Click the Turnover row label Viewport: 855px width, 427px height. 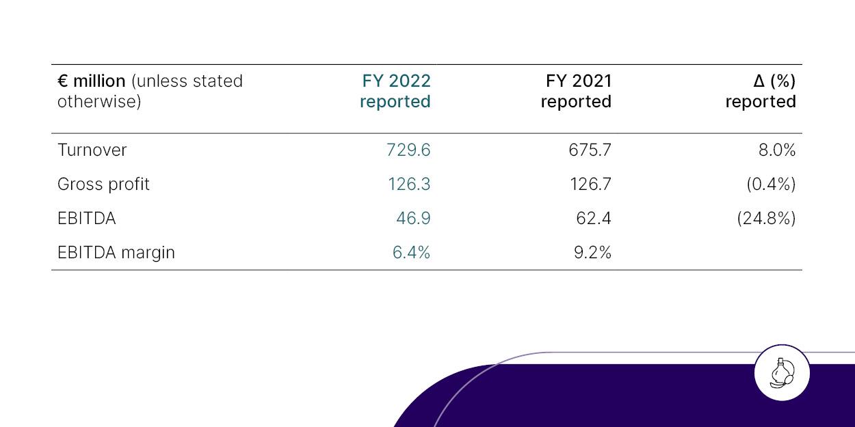point(92,150)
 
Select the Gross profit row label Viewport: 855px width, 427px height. point(103,184)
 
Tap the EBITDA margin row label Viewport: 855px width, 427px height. point(116,253)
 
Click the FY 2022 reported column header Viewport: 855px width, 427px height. point(395,91)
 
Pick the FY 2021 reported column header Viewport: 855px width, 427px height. point(577,91)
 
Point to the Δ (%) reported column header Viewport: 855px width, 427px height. point(761,91)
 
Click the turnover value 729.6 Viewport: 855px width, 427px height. point(408,150)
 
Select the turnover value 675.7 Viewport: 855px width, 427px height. point(590,150)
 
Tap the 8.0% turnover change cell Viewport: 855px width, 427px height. point(776,150)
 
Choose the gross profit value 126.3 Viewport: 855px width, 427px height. point(408,184)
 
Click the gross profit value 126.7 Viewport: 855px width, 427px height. point(590,184)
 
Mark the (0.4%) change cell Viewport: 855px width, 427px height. point(771,184)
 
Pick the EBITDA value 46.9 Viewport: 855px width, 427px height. point(413,219)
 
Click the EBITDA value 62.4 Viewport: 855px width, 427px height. point(594,219)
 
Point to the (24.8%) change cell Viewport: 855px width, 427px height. point(766,219)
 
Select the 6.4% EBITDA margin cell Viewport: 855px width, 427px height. point(411,253)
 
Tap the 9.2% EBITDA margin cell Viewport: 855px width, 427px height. point(592,253)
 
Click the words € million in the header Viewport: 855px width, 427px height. point(92,81)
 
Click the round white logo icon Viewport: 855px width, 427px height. point(782,373)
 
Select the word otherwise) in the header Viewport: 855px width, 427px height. point(99,102)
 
